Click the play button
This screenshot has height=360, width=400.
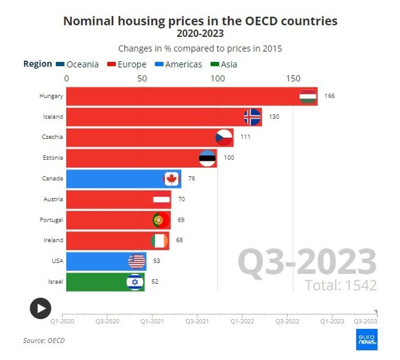[x=40, y=308]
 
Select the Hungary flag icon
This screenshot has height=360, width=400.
[x=308, y=96]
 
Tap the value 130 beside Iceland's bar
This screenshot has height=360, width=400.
[x=274, y=117]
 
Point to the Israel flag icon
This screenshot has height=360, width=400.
[x=135, y=282]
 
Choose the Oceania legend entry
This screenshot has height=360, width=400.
[x=78, y=64]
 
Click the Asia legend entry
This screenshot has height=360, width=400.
[x=224, y=64]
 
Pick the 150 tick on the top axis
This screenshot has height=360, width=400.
[x=293, y=78]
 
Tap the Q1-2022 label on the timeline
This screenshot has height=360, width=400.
[x=242, y=321]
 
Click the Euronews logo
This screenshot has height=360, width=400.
[x=367, y=339]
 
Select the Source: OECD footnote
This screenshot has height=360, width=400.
[x=44, y=340]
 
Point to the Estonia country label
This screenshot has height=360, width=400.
[x=53, y=158]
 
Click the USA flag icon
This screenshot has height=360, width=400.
[x=137, y=261]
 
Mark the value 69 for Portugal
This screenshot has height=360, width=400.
[x=181, y=220]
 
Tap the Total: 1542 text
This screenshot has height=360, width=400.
[x=340, y=285]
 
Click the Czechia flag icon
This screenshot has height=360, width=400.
[x=224, y=137]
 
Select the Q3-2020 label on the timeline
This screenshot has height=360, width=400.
[x=107, y=321]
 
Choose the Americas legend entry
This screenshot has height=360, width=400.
[x=179, y=64]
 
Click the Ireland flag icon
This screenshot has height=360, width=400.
[x=159, y=241]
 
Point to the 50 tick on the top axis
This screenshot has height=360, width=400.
[x=142, y=78]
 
